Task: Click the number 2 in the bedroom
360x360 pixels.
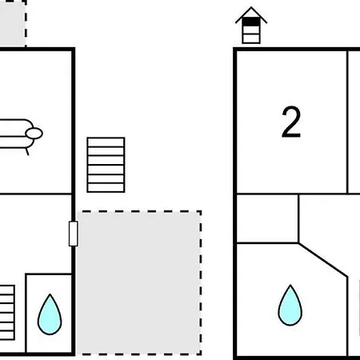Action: click(x=291, y=122)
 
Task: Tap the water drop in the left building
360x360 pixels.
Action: click(x=50, y=314)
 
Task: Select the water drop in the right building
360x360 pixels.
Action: click(x=290, y=306)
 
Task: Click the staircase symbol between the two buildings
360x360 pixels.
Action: click(x=106, y=165)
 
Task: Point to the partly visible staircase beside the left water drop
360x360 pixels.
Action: click(x=7, y=313)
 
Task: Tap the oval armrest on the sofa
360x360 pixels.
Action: click(x=34, y=134)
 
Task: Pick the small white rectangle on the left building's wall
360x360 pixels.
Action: click(x=74, y=234)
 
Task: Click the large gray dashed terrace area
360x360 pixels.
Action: click(x=138, y=282)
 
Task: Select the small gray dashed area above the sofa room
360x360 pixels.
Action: click(x=13, y=23)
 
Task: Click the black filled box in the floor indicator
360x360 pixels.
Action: click(x=251, y=22)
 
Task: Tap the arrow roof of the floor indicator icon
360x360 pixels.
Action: click(x=251, y=14)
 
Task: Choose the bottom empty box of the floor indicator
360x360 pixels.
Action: click(x=251, y=38)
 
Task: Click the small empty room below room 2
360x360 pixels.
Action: click(x=267, y=218)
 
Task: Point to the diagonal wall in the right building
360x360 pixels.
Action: click(x=323, y=260)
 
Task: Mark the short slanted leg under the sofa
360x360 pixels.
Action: click(x=27, y=152)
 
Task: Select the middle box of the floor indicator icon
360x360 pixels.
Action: click(x=251, y=30)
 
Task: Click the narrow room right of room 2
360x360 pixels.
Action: click(x=354, y=122)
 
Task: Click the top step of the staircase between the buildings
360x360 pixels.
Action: click(x=106, y=142)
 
